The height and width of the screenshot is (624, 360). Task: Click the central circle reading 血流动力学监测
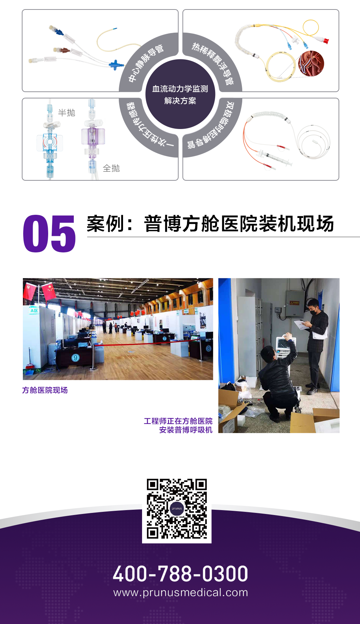(x=180, y=94)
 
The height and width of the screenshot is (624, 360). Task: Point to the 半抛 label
(x=66, y=113)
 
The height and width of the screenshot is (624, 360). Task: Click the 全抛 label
(x=111, y=168)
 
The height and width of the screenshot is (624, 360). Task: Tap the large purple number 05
(x=49, y=234)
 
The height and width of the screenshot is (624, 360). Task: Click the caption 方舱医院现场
(x=45, y=390)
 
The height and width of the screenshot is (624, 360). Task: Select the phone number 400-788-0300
(x=180, y=574)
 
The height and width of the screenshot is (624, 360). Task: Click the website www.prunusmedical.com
(x=180, y=593)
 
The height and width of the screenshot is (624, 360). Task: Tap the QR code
(x=177, y=508)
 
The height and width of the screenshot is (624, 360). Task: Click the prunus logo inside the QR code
(x=177, y=508)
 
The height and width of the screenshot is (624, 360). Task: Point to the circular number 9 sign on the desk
(x=75, y=358)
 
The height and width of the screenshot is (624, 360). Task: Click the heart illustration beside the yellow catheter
(x=311, y=63)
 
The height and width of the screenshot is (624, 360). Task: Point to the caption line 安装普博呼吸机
(x=186, y=430)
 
